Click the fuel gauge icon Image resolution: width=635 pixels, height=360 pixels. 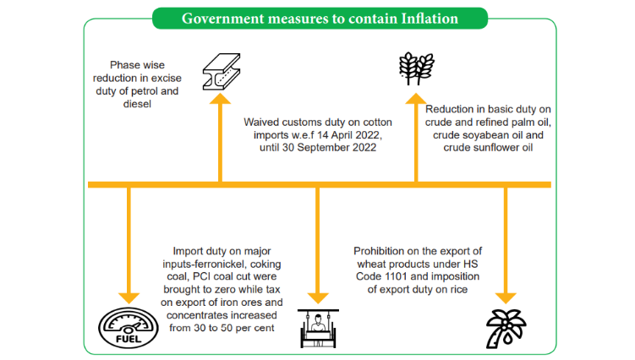[129, 330]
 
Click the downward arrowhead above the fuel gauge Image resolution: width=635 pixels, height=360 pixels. [129, 297]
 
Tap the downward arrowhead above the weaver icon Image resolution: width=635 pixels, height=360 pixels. [317, 297]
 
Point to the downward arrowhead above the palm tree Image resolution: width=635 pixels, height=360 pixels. [506, 297]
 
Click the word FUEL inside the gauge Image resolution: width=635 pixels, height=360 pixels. [128, 340]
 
